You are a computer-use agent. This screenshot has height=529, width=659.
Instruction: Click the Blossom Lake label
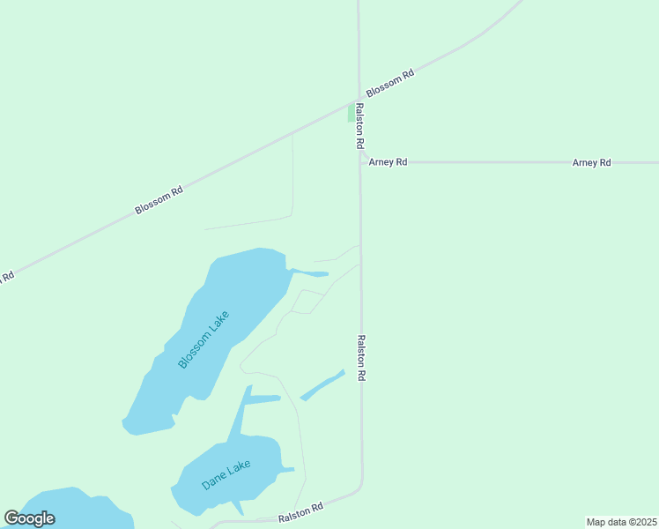tap(204, 339)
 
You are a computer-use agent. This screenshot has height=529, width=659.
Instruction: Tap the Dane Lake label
tap(226, 475)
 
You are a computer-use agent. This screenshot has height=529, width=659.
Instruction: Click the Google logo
tap(29, 518)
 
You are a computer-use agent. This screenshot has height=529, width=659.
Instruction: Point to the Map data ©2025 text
tap(621, 522)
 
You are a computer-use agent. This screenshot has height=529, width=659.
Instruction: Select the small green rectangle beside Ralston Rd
tap(352, 113)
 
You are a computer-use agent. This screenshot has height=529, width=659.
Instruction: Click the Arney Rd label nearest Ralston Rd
tap(388, 162)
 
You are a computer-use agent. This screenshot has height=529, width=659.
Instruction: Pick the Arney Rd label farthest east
tap(591, 162)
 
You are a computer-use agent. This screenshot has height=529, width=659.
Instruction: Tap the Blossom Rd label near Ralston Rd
tap(389, 85)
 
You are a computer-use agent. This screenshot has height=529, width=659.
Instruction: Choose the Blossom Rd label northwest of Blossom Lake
tap(159, 199)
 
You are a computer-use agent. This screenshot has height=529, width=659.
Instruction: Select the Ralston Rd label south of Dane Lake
tap(301, 512)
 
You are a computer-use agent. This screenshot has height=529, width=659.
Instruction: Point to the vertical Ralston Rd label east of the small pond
tap(361, 357)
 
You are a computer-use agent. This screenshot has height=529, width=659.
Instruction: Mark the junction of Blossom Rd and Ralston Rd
tap(359, 99)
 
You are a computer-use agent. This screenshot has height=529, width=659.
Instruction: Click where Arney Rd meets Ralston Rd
tap(359, 162)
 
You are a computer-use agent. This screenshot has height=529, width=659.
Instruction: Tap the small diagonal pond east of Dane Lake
tap(322, 385)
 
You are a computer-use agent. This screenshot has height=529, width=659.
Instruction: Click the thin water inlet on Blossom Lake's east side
tap(310, 272)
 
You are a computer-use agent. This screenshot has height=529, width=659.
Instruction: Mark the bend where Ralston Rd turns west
tap(359, 488)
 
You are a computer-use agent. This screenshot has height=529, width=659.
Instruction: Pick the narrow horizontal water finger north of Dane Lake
tap(263, 399)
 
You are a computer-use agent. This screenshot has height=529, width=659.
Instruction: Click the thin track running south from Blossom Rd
tap(292, 176)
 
